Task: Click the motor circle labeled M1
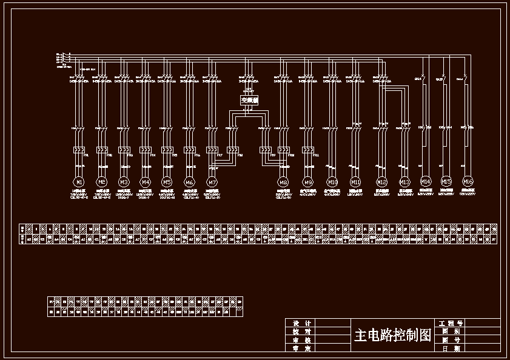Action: tap(79, 181)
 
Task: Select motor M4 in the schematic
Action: tap(146, 181)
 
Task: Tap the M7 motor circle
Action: tap(212, 182)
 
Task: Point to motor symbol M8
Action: tap(283, 182)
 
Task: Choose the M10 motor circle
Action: tap(332, 182)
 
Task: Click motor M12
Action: tap(382, 182)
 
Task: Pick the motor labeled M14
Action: tap(426, 181)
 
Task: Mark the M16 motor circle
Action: tap(468, 181)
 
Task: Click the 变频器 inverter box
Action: tap(249, 101)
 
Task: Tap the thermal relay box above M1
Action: tap(79, 150)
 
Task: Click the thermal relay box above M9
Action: tap(308, 150)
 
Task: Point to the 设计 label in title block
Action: tap(301, 323)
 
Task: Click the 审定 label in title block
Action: tap(301, 348)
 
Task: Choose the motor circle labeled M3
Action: tap(124, 181)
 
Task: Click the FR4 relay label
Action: tap(153, 155)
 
